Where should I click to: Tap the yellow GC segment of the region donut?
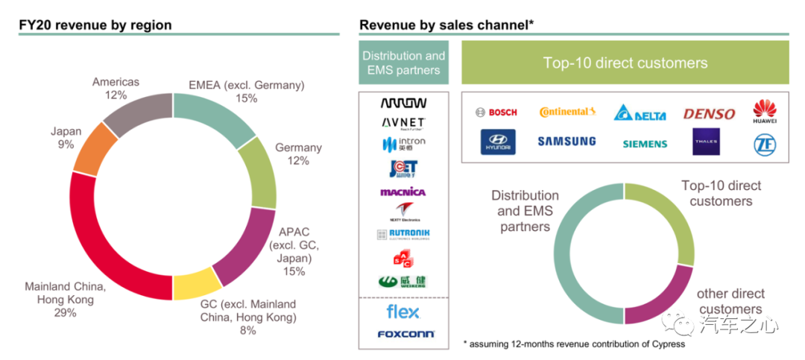[198, 284]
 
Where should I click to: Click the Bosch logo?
[496, 113]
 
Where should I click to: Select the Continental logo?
[567, 112]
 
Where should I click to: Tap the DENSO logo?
[709, 114]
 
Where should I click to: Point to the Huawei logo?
[765, 113]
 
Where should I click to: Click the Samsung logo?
[566, 141]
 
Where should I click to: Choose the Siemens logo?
[645, 143]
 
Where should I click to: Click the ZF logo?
[765, 142]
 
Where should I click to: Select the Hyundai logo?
[497, 142]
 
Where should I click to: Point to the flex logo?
[403, 312]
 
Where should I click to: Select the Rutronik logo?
[403, 234]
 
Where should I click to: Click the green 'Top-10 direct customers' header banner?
[625, 63]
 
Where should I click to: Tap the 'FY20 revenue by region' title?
[95, 25]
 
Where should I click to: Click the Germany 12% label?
[298, 154]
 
